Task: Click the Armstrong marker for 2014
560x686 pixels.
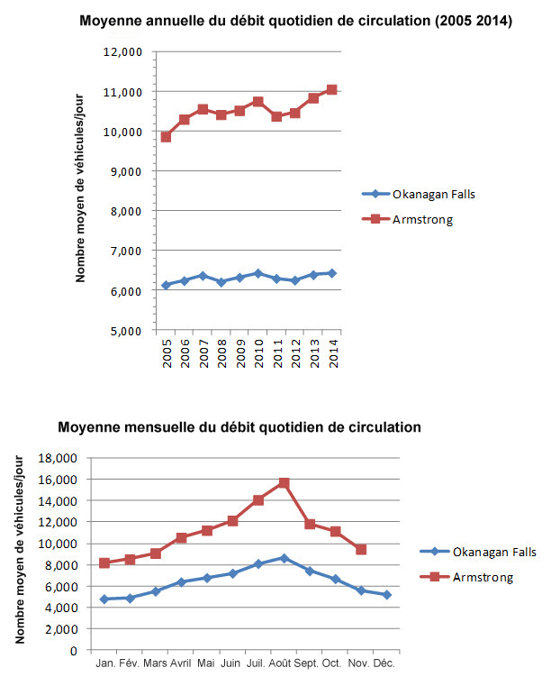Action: click(x=332, y=89)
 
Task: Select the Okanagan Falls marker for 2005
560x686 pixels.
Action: click(x=166, y=285)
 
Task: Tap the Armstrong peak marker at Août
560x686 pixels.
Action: click(x=284, y=483)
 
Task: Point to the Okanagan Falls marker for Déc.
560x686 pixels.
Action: click(x=386, y=595)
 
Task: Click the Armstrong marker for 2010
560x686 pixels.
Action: click(x=257, y=102)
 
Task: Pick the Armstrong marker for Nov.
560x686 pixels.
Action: click(x=361, y=549)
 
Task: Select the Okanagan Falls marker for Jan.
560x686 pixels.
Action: click(x=104, y=599)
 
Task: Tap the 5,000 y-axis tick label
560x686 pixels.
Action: click(x=127, y=331)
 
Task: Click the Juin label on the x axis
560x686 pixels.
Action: click(x=232, y=663)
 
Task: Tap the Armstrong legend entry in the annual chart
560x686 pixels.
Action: click(x=422, y=218)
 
